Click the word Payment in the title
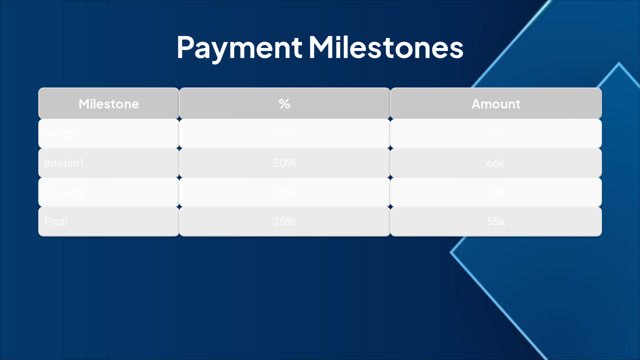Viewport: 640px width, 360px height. [x=239, y=47]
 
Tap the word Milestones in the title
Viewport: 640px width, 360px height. [x=386, y=47]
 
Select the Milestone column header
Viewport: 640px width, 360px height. [x=108, y=104]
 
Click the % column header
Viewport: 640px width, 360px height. [x=284, y=104]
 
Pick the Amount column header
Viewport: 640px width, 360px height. [x=495, y=104]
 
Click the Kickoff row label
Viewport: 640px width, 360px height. [x=62, y=133]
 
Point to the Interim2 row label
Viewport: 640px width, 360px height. [x=65, y=192]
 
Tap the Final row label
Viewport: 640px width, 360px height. [x=56, y=221]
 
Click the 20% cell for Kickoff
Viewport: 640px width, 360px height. [x=284, y=133]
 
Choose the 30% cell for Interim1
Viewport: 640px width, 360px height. [x=284, y=163]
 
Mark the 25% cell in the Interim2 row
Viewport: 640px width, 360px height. [x=284, y=192]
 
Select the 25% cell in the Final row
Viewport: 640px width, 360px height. [x=284, y=221]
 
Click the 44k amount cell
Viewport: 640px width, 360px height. [x=495, y=133]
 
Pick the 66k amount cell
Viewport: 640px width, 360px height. [x=495, y=163]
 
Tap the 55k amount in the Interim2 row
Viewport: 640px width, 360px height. [x=495, y=192]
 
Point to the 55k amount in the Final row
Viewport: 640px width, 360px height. [x=495, y=221]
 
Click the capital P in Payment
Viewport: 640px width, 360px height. [x=186, y=48]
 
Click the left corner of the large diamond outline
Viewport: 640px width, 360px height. [x=451, y=252]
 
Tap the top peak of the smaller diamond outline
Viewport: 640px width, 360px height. [x=619, y=63]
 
